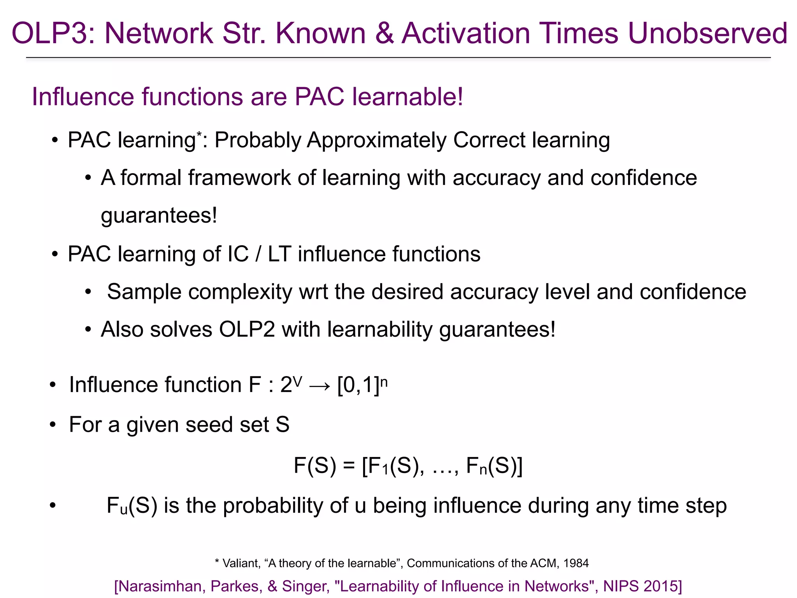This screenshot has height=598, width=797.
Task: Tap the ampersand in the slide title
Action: (x=384, y=33)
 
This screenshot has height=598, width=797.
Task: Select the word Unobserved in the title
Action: (x=707, y=33)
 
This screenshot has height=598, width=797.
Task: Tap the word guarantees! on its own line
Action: (x=159, y=215)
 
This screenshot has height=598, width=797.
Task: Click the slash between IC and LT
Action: (x=258, y=254)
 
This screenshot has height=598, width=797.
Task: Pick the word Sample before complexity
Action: (x=144, y=292)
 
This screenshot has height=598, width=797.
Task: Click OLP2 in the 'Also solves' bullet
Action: (x=247, y=329)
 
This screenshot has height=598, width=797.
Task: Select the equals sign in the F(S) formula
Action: (x=349, y=466)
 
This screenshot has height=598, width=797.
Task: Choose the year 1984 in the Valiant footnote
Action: (x=576, y=563)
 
